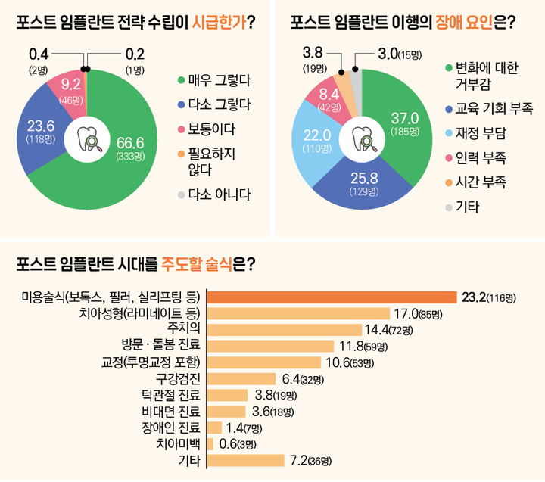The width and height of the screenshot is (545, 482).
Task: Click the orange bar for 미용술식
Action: (x=332, y=297)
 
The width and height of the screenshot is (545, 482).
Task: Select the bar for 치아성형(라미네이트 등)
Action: (x=298, y=313)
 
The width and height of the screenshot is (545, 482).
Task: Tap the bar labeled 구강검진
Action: (x=241, y=379)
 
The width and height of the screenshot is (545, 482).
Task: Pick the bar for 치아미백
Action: (x=210, y=444)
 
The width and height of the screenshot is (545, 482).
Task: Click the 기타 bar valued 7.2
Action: (x=245, y=460)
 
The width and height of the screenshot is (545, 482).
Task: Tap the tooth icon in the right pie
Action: (x=361, y=140)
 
